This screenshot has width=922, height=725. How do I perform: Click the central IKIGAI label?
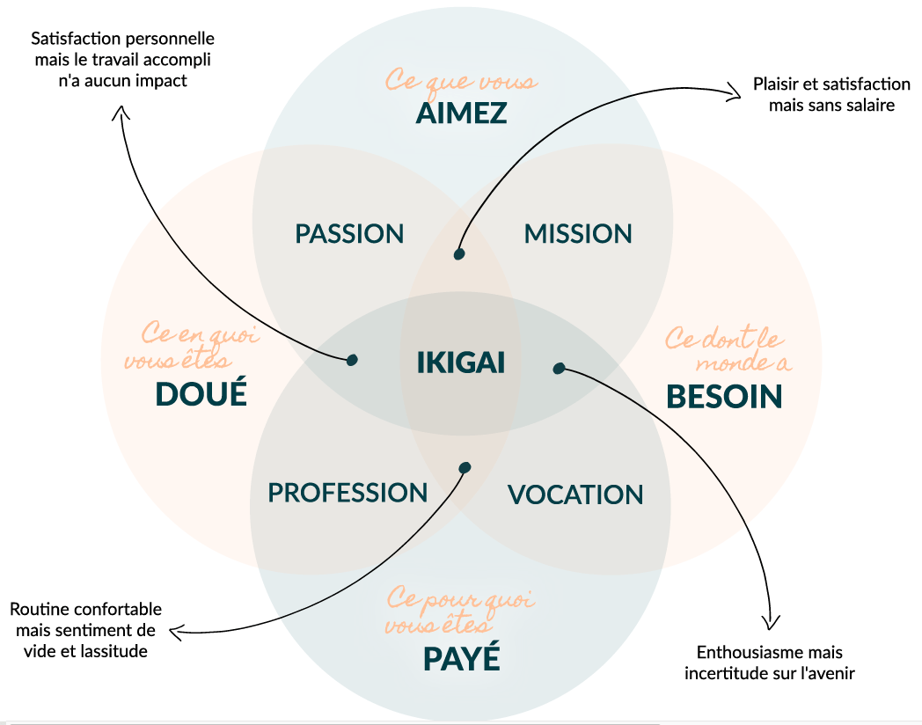pyautogui.click(x=460, y=362)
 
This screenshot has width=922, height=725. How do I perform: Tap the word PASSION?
pyautogui.click(x=349, y=233)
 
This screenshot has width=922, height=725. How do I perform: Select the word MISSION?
pyautogui.click(x=578, y=233)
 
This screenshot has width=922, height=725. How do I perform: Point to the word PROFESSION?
pyautogui.click(x=348, y=493)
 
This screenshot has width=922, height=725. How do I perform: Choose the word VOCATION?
pyautogui.click(x=575, y=494)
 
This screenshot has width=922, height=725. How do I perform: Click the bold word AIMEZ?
pyautogui.click(x=461, y=114)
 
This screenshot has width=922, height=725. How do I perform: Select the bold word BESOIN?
pyautogui.click(x=724, y=396)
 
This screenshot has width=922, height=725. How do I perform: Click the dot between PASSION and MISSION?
pyautogui.click(x=459, y=254)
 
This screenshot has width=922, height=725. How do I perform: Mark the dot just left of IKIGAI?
pyautogui.click(x=352, y=360)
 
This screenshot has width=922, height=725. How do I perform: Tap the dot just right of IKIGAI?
pyautogui.click(x=560, y=368)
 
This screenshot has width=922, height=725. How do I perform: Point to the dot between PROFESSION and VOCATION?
pyautogui.click(x=465, y=468)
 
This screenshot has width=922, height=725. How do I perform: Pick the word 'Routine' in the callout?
pyautogui.click(x=37, y=609)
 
